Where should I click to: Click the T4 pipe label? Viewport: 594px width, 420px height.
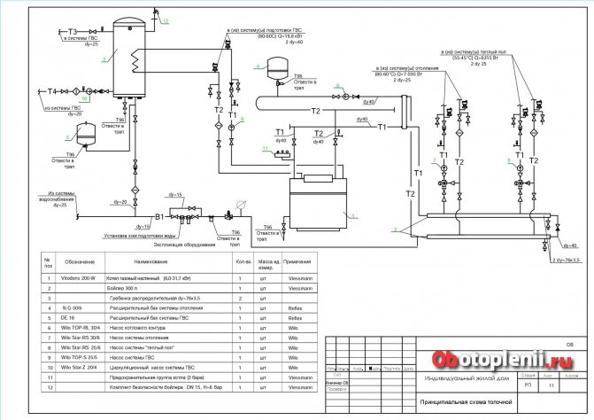(52, 90)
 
